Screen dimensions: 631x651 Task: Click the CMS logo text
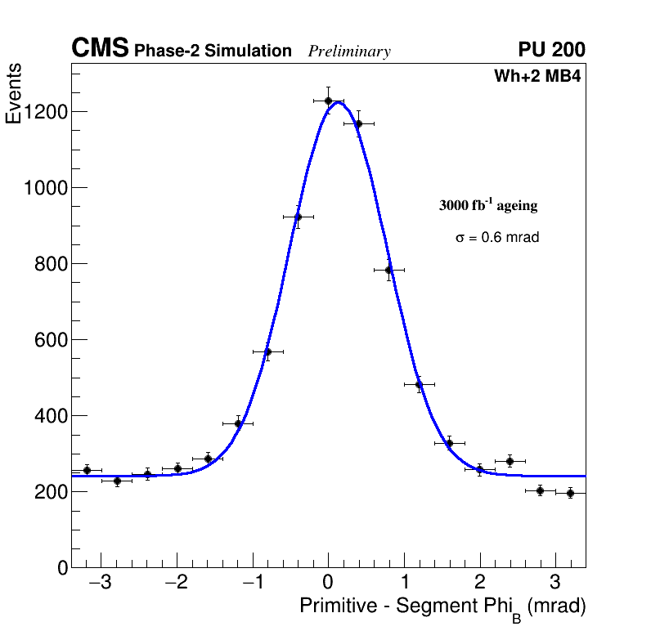[100, 49]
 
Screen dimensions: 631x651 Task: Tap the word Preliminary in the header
[349, 51]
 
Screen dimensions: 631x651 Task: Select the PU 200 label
[551, 50]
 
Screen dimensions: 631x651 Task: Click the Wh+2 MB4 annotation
[537, 77]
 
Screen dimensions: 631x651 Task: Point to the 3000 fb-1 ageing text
[488, 205]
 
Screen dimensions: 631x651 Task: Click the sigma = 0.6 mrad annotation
[497, 238]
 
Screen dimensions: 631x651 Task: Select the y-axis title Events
[14, 95]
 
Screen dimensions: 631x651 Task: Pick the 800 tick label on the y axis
[51, 264]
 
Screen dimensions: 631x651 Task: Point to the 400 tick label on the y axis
[51, 416]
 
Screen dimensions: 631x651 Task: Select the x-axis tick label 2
[480, 584]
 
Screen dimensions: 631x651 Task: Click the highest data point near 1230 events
[328, 101]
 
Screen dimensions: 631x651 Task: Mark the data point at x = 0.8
[388, 270]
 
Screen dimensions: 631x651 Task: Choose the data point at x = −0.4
[298, 217]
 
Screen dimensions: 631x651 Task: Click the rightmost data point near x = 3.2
[570, 493]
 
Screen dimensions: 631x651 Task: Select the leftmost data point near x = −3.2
[87, 470]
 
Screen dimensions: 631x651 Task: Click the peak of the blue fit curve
[338, 101]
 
